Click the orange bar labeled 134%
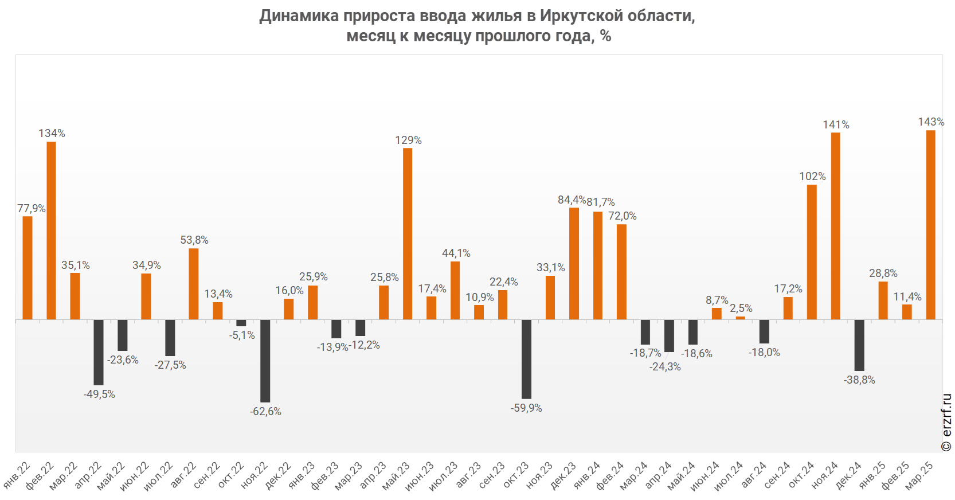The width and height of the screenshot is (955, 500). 52,231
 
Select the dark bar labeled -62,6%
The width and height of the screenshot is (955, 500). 265,361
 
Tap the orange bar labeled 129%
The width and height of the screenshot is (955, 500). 408,233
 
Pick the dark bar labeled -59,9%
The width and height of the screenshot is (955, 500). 526,359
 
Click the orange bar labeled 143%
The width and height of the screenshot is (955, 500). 930,225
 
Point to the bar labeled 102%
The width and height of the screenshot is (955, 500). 812,252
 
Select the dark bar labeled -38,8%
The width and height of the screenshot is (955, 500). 859,345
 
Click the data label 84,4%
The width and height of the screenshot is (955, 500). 572,200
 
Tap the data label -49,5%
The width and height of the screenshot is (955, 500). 99,394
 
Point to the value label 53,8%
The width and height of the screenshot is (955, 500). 194,240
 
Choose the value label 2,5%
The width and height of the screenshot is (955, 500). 741,308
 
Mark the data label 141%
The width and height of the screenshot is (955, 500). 836,124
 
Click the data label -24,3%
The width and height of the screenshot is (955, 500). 665,367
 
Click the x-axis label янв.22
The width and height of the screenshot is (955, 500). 17,475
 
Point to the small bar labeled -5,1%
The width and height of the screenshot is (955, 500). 241,323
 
